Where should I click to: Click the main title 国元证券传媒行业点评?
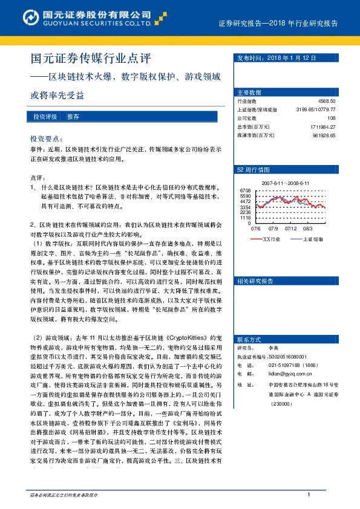pos(91,59)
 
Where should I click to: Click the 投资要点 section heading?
pos(47,138)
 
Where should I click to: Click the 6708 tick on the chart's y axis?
pos(245,190)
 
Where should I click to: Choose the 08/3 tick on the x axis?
pos(307,229)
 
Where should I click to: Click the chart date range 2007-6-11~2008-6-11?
pos(286,182)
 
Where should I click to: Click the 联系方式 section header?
pos(249,339)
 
